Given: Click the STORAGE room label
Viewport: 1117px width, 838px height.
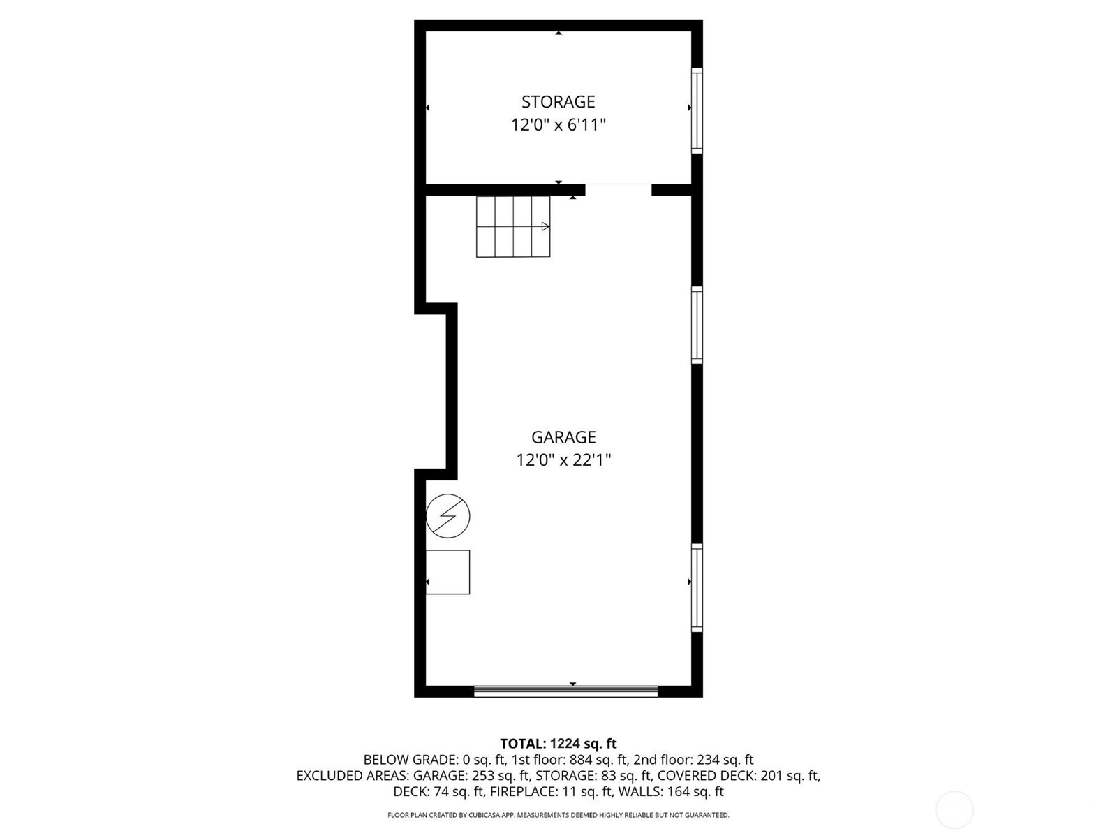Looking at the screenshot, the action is point(558,102).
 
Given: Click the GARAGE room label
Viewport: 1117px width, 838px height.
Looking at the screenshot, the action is point(563,437).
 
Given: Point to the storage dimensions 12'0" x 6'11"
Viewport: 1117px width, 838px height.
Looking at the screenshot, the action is point(558,125).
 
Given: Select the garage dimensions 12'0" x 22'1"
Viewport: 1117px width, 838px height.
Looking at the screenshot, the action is point(563,460).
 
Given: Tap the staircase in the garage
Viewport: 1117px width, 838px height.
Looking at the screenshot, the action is point(513,226).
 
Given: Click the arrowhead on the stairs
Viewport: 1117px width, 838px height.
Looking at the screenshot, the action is point(545,226).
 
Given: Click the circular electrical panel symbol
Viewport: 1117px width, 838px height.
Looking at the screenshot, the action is point(447,516).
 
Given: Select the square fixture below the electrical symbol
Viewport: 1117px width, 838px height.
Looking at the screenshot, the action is point(447,572).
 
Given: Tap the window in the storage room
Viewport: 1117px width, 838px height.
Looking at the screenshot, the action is point(697,110).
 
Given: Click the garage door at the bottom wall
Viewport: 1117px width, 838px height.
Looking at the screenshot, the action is point(566,691).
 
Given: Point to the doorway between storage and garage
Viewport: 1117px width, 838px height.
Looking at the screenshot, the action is point(619,189).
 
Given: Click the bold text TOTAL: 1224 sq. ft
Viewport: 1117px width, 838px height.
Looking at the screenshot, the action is point(558,743).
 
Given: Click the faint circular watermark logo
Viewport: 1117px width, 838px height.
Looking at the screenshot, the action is point(954,810).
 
